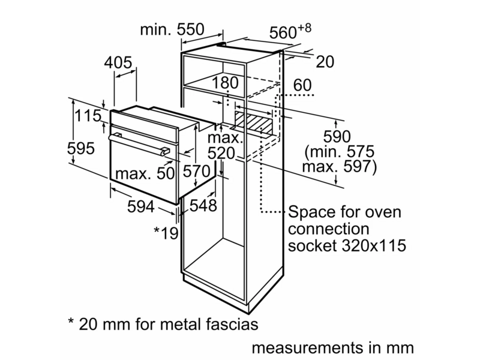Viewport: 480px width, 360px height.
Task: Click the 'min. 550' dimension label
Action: (172, 29)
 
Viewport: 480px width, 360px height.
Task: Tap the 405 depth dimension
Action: (118, 63)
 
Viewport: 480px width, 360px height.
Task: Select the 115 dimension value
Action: (88, 116)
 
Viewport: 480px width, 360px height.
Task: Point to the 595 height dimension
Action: (81, 148)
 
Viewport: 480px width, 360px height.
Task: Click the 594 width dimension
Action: (141, 206)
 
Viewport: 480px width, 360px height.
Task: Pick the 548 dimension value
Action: (203, 205)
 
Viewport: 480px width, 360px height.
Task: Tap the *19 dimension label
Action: (166, 233)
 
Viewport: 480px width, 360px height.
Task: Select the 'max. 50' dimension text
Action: (145, 173)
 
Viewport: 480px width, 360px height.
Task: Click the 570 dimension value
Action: (197, 171)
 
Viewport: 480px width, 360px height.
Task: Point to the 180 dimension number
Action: (225, 83)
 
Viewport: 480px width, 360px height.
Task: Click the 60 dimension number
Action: (302, 85)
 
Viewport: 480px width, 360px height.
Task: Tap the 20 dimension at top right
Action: (325, 62)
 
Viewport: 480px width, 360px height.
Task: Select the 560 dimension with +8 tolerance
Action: (290, 31)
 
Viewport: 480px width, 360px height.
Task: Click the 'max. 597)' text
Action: (340, 167)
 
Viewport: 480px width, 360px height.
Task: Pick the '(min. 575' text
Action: (340, 152)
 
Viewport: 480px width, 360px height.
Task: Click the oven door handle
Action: (139, 143)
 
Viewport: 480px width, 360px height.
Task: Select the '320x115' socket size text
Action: (373, 245)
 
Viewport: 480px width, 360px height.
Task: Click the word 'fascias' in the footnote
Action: (232, 325)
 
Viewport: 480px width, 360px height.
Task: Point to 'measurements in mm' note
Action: (333, 348)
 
